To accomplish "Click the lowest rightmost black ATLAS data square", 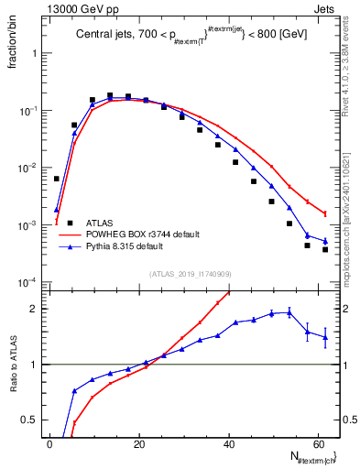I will tap(325, 249).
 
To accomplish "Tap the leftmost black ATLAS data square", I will tap(57, 179).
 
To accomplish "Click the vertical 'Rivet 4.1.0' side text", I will tap(352, 73).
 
